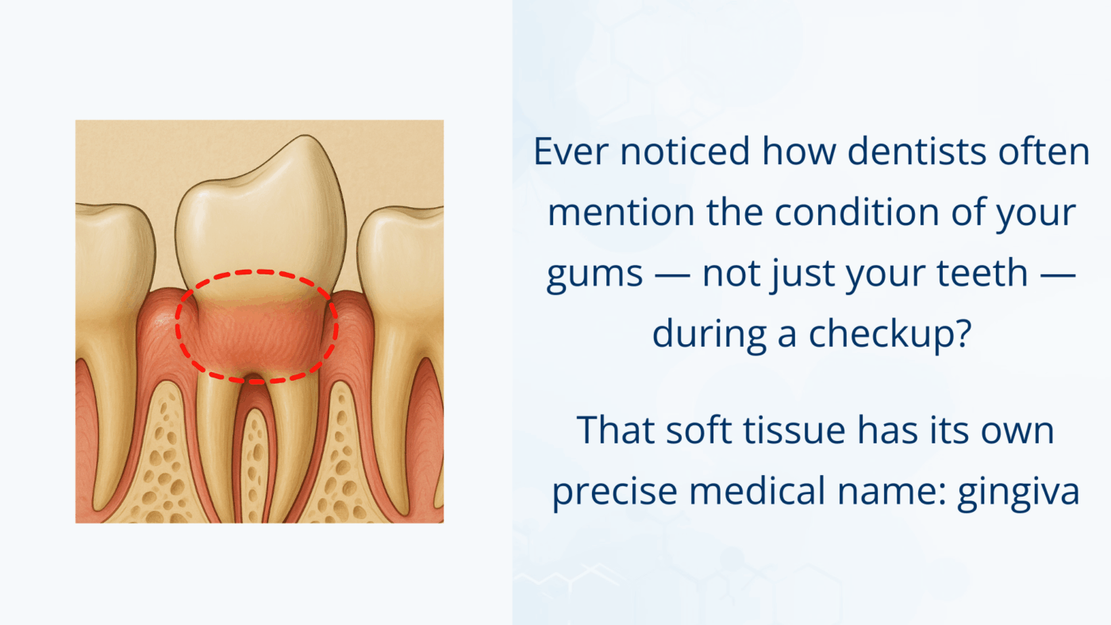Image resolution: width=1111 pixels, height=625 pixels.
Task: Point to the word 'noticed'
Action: coord(685,151)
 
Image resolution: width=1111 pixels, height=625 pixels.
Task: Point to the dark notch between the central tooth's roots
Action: coord(253,378)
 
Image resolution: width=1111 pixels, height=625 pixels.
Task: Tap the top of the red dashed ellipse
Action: coord(256,272)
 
